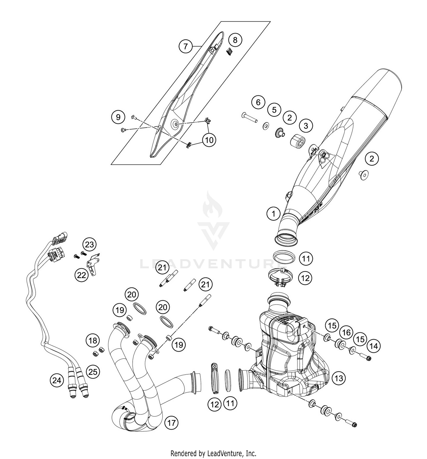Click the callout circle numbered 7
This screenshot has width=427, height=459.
click(186, 46)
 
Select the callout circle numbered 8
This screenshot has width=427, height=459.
click(235, 40)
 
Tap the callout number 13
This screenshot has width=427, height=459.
click(339, 378)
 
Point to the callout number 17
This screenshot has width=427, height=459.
click(172, 423)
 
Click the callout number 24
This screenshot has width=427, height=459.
click(57, 380)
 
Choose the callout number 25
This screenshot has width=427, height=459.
click(93, 372)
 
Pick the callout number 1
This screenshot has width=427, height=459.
click(274, 213)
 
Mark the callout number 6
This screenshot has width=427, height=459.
click(258, 102)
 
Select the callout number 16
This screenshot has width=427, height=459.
click(346, 332)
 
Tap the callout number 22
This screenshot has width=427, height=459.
click(82, 275)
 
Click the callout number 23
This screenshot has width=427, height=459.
click(89, 244)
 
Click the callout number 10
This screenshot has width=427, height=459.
click(209, 140)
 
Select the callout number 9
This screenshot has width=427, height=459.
click(118, 117)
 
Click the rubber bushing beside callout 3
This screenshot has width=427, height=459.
click(298, 140)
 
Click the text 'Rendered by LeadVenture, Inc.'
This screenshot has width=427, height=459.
click(213, 453)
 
